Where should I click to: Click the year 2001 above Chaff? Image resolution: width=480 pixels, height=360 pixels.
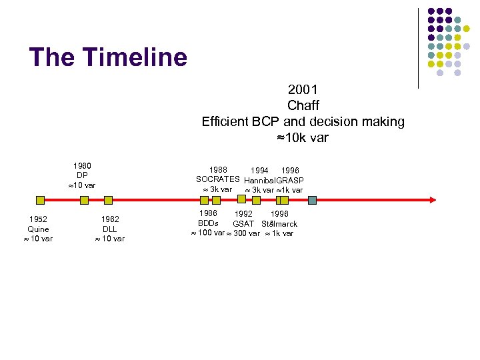(x=303, y=89)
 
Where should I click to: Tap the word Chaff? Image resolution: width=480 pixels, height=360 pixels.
(x=303, y=105)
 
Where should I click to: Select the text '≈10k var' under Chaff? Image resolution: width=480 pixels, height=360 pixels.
(x=303, y=138)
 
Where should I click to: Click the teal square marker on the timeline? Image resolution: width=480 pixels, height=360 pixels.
(x=312, y=199)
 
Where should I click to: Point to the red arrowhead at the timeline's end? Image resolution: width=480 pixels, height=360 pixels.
(x=432, y=199)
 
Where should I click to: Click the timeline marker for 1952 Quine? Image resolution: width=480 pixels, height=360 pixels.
(x=40, y=199)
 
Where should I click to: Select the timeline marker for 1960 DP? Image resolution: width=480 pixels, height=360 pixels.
(x=83, y=199)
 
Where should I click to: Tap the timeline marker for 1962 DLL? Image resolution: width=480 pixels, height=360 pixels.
(x=109, y=199)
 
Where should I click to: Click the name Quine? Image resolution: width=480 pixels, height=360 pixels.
(x=38, y=229)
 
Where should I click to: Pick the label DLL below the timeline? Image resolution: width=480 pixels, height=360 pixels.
(x=110, y=229)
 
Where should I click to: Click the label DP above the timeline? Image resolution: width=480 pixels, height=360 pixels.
(x=82, y=175)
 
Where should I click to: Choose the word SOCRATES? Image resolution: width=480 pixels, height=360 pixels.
(x=217, y=179)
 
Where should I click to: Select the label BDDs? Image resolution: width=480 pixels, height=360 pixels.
(x=208, y=223)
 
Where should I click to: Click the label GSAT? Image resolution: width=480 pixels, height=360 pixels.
(x=243, y=224)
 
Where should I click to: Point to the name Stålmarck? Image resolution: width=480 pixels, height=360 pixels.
(x=279, y=224)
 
